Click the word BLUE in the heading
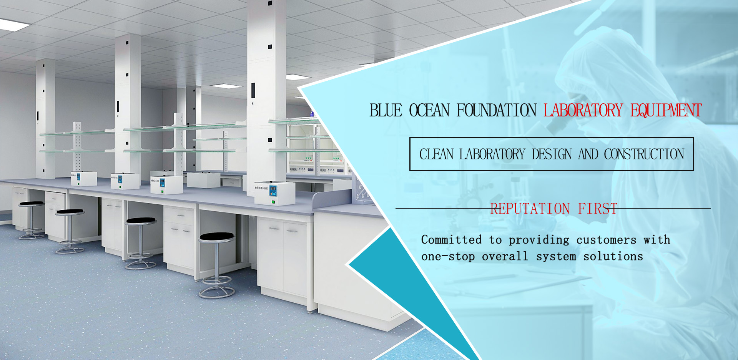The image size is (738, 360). [x=386, y=110]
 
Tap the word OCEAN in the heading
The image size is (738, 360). [x=429, y=110]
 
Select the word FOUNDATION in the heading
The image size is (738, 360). [x=496, y=110]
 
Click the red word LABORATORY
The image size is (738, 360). [x=583, y=110]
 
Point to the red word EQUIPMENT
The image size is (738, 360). [x=666, y=110]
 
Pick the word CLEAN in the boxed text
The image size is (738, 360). [x=436, y=154]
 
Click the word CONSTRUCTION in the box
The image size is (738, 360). [x=644, y=154]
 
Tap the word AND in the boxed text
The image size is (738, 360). [x=588, y=154]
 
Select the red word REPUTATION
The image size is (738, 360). [x=530, y=209]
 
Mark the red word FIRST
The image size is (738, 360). [x=598, y=209]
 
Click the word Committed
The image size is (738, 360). [x=451, y=239]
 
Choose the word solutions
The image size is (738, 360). [x=613, y=256]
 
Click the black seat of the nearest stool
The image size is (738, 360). [x=216, y=236]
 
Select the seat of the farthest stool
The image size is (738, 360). [x=31, y=203]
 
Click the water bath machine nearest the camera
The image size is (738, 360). [x=274, y=193]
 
